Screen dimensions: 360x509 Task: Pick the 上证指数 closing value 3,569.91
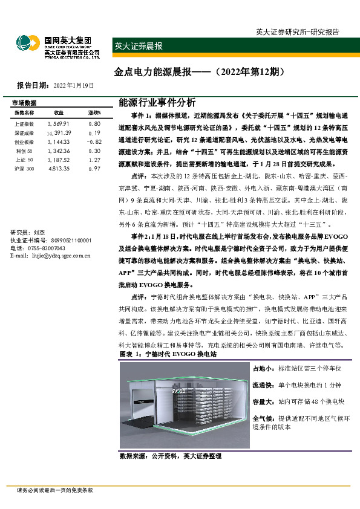click(x=59, y=123)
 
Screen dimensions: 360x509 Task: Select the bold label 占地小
click(x=262, y=368)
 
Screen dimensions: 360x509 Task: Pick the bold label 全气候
click(x=262, y=418)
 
